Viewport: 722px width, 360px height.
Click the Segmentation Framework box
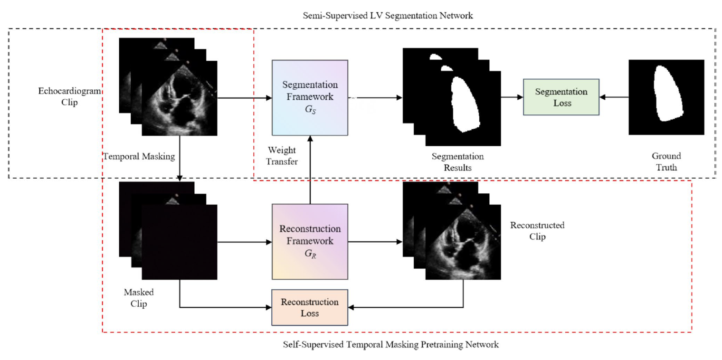pyautogui.click(x=310, y=98)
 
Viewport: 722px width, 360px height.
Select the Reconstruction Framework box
pyautogui.click(x=310, y=242)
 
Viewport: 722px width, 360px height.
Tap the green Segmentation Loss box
pyautogui.click(x=561, y=97)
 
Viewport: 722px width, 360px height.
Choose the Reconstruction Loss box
pyautogui.click(x=310, y=307)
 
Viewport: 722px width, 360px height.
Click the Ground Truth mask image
pyautogui.click(x=666, y=97)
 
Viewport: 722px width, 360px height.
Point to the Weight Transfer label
pyautogui.click(x=282, y=156)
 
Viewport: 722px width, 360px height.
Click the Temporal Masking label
pyautogui.click(x=139, y=156)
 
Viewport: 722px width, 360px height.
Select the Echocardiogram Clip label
pyautogui.click(x=70, y=96)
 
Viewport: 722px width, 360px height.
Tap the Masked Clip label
pyautogui.click(x=139, y=298)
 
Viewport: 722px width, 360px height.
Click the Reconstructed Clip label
pyautogui.click(x=537, y=231)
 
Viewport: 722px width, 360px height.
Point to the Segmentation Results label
pyautogui.click(x=458, y=162)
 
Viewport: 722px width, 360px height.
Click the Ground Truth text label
pyautogui.click(x=666, y=161)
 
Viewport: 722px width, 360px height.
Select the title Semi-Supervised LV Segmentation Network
pyautogui.click(x=388, y=16)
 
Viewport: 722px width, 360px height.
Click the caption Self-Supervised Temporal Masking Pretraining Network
pyautogui.click(x=390, y=344)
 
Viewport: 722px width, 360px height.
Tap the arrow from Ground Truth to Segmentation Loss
pyautogui.click(x=614, y=97)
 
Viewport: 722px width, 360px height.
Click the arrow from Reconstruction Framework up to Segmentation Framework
pyautogui.click(x=310, y=170)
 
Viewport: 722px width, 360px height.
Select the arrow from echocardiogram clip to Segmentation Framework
pyautogui.click(x=245, y=98)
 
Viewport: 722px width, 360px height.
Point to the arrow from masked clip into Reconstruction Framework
pyautogui.click(x=245, y=242)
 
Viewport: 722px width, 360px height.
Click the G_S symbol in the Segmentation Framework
pyautogui.click(x=310, y=110)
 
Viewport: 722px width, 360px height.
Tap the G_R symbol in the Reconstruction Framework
pyautogui.click(x=310, y=254)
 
